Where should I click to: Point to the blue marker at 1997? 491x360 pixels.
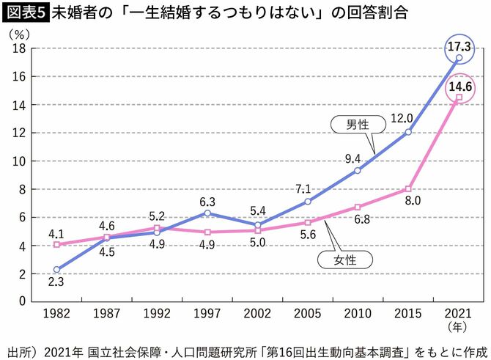click(x=207, y=213)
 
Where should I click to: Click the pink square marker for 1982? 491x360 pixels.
click(x=57, y=244)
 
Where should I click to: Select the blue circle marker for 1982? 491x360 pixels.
click(x=57, y=269)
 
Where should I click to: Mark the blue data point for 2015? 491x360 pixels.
click(x=408, y=132)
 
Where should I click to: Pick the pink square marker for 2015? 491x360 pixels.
click(x=408, y=188)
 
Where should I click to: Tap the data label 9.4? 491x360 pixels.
click(x=354, y=158)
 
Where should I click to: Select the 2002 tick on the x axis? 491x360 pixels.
click(x=258, y=314)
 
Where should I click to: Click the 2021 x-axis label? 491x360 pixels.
click(x=459, y=314)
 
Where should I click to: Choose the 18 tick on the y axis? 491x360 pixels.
click(x=20, y=48)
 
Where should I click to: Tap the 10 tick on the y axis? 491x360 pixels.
click(x=20, y=161)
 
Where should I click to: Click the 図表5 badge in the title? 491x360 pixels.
click(x=24, y=12)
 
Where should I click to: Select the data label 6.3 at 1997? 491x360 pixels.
click(x=207, y=200)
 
